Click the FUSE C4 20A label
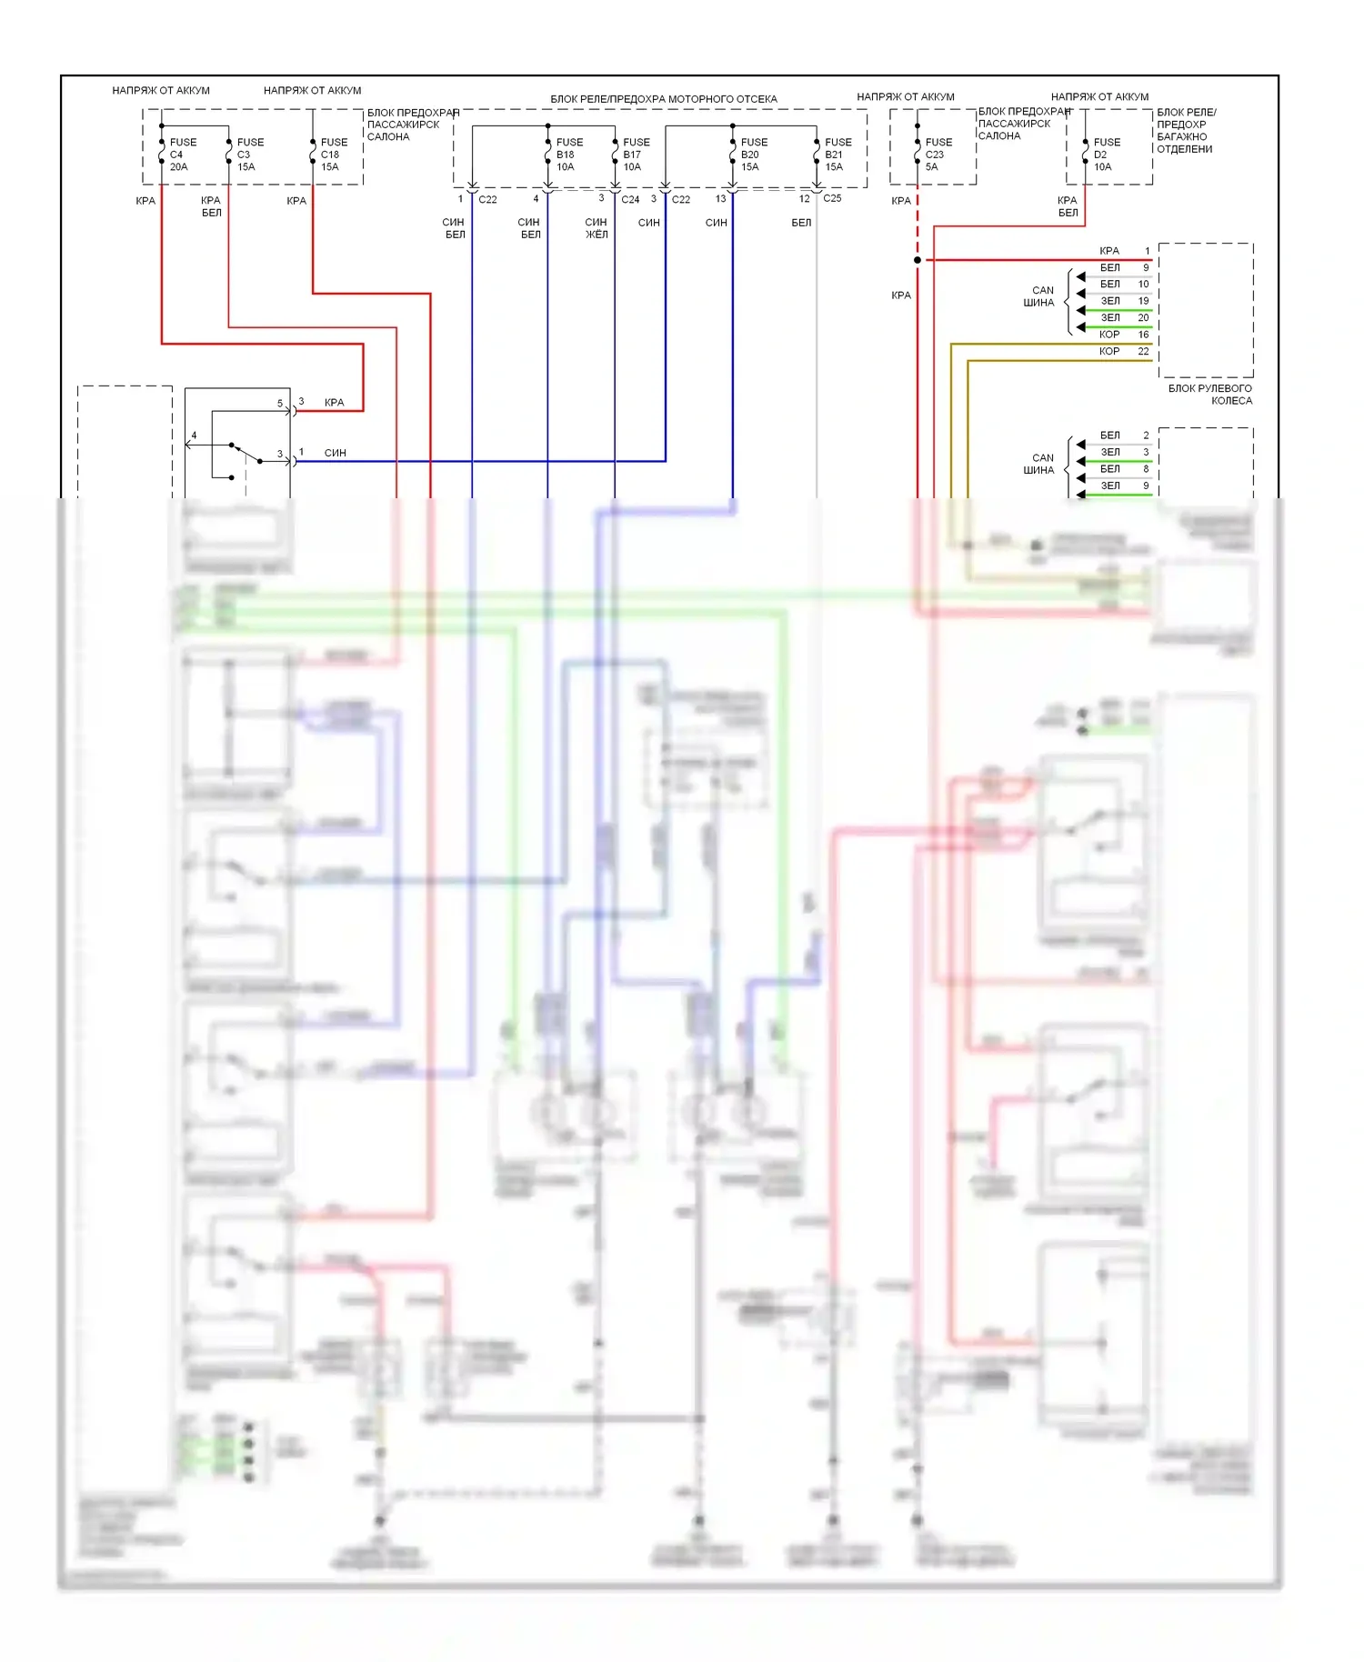pos(182,155)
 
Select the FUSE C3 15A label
pos(249,155)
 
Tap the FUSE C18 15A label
pos(333,155)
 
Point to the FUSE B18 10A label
pos(568,155)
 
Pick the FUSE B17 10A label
pos(636,155)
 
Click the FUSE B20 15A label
pos(753,155)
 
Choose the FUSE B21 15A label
pos(837,155)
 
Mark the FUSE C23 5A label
pos(938,155)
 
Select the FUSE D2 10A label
pos(1106,155)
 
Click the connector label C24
pos(630,199)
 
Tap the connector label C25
pos(832,198)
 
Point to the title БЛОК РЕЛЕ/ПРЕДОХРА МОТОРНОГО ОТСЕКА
pos(663,99)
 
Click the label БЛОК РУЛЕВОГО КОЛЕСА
pos(1210,395)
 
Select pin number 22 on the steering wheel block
pos(1143,351)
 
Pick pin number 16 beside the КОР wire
pos(1143,335)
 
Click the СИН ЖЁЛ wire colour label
pos(596,228)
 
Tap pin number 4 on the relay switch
pos(194,436)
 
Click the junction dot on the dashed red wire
pos(918,260)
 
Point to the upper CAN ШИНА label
pos(1039,296)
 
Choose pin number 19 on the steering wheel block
pos(1143,301)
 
